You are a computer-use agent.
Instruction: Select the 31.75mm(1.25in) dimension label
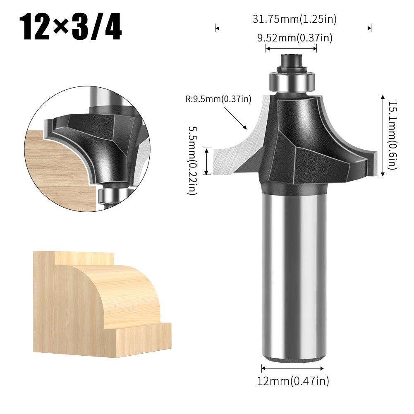click(294, 19)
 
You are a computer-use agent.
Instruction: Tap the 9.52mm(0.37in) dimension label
click(294, 38)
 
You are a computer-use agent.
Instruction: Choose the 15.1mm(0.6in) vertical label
click(392, 135)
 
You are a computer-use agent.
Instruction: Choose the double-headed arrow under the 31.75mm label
click(293, 28)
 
